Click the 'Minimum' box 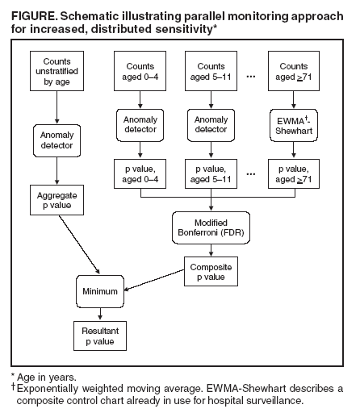pyautogui.click(x=101, y=290)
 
